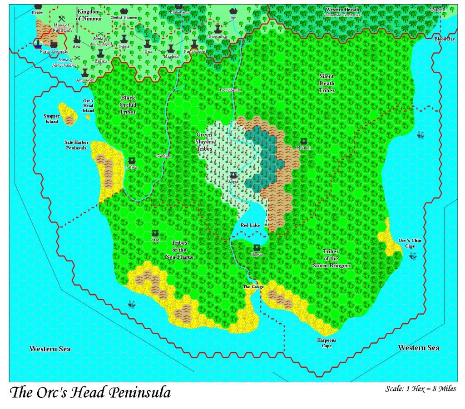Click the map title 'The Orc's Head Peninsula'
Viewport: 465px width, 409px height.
pos(90,392)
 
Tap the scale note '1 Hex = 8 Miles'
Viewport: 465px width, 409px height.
pos(420,389)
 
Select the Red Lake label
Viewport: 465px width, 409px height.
pos(250,226)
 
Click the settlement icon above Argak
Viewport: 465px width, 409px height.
pos(233,175)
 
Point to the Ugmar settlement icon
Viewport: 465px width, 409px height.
pos(257,247)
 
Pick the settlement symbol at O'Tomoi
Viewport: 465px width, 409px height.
pos(303,141)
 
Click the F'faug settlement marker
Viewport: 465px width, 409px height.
pos(132,161)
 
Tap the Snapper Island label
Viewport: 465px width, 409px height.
pos(52,118)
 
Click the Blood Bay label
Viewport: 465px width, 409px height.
pos(445,39)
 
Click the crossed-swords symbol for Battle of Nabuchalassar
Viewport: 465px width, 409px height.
pos(78,58)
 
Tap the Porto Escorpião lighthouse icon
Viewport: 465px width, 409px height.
pos(39,44)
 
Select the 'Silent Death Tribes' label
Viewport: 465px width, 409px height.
pos(327,83)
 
